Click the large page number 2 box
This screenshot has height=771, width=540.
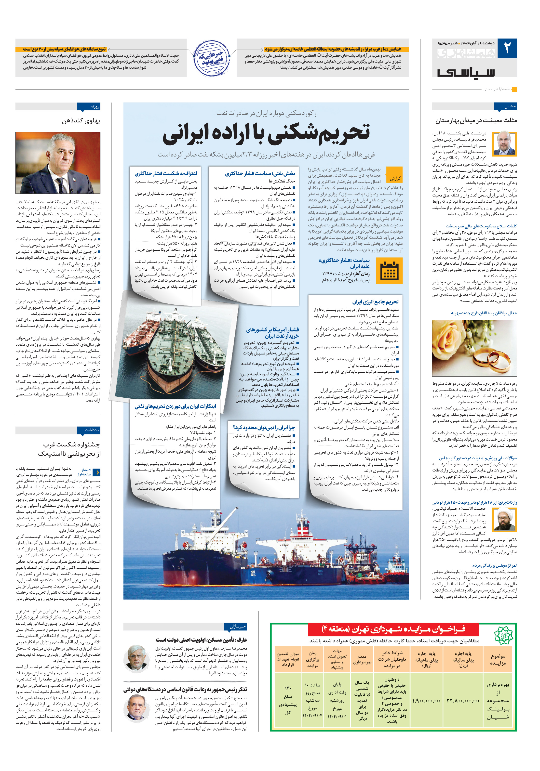pyautogui.click(x=507, y=48)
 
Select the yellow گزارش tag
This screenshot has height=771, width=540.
pyautogui.click(x=394, y=178)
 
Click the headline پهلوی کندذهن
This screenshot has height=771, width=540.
pyautogui.click(x=81, y=121)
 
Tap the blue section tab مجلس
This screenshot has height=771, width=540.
pyautogui.click(x=505, y=106)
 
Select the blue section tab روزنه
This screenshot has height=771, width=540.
pyautogui.click(x=89, y=106)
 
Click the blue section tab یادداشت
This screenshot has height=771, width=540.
pyautogui.click(x=89, y=430)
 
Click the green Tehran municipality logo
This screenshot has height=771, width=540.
pyautogui.click(x=503, y=633)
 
